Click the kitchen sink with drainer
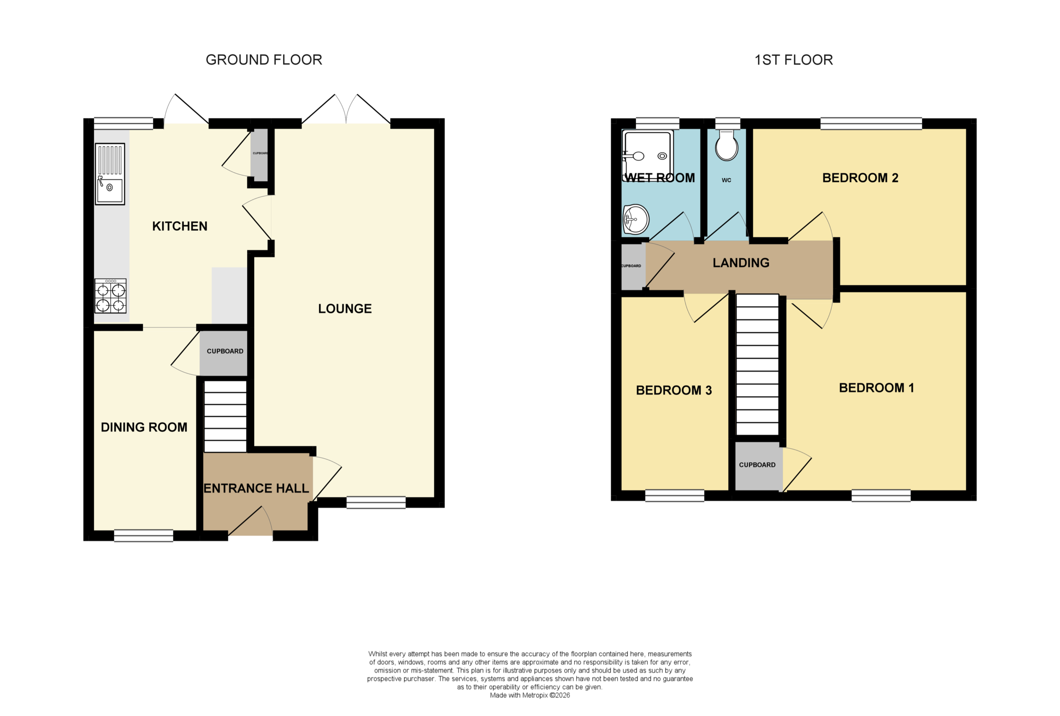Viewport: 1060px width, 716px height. click(110, 174)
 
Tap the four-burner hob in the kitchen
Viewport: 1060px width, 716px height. click(111, 296)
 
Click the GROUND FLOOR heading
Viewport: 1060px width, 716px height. click(264, 60)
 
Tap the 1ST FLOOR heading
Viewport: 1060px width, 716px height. click(794, 60)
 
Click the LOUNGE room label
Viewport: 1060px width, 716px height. click(345, 309)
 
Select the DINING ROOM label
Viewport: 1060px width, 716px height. click(144, 427)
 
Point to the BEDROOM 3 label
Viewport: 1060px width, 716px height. click(674, 390)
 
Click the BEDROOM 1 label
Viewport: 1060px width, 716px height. click(877, 388)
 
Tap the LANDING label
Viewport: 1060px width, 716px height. click(741, 263)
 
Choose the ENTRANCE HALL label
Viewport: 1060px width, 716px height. click(256, 489)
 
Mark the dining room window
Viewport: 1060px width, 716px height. click(144, 536)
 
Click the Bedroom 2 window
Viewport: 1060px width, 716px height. click(871, 124)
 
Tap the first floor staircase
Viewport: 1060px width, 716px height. click(758, 364)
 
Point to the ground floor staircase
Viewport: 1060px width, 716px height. click(225, 417)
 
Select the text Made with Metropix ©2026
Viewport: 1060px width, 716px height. click(530, 695)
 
